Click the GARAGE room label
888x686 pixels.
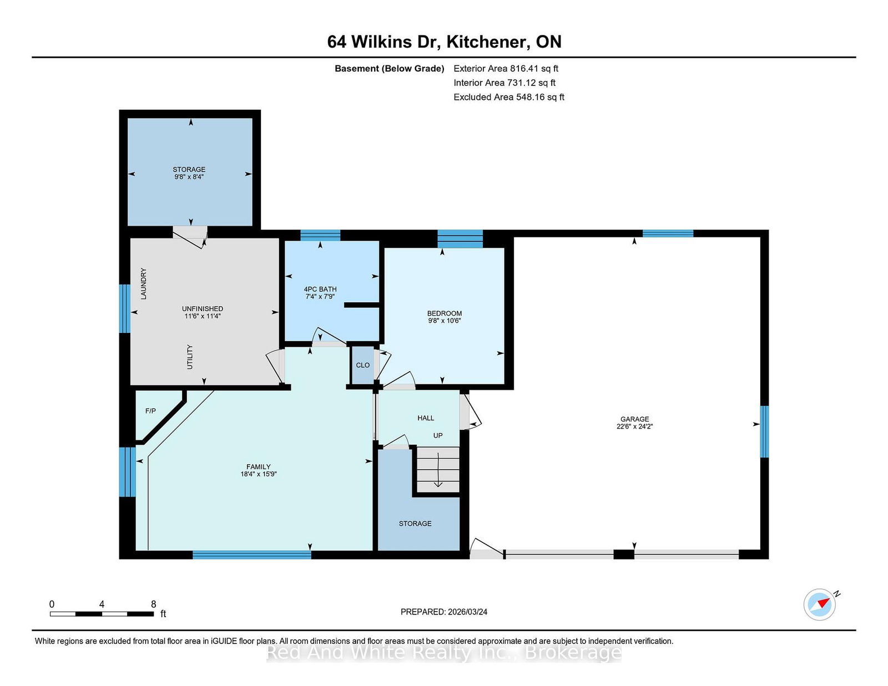tap(634, 419)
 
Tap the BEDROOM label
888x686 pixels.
tap(444, 313)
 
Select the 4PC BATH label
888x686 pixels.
tap(320, 289)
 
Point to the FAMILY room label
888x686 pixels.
tap(258, 467)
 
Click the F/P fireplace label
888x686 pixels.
tap(150, 411)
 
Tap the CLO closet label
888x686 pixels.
tap(362, 365)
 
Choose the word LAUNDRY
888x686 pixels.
tap(143, 284)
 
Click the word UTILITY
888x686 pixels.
tap(190, 357)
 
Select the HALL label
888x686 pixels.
tap(425, 418)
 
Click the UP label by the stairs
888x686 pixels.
tap(438, 435)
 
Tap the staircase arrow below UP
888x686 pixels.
tap(438, 470)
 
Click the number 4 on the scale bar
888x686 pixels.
tap(102, 604)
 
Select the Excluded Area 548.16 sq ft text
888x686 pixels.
tap(509, 97)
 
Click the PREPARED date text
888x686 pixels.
tap(444, 612)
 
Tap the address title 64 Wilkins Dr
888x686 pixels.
tap(383, 42)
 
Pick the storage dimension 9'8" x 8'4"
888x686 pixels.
tap(189, 177)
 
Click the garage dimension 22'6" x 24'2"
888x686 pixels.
tap(634, 426)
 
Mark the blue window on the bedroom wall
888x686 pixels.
tap(460, 239)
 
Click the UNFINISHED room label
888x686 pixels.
tap(202, 309)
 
